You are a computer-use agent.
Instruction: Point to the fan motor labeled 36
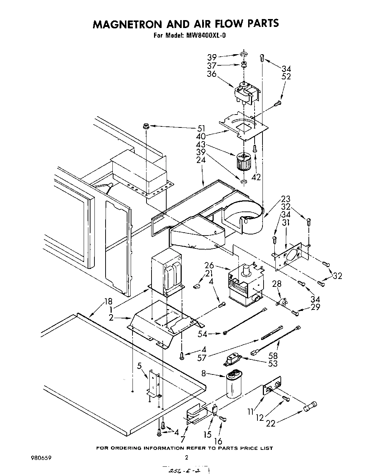click(x=246, y=94)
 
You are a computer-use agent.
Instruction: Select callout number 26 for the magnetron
click(x=209, y=266)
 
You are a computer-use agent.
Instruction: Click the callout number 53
click(x=273, y=364)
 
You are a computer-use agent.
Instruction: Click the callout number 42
click(x=256, y=177)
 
